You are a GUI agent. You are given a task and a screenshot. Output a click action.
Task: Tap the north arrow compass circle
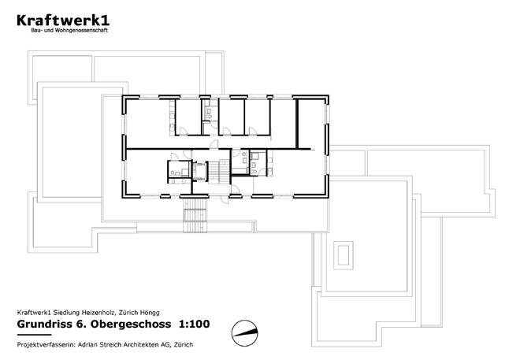(x=244, y=332)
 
